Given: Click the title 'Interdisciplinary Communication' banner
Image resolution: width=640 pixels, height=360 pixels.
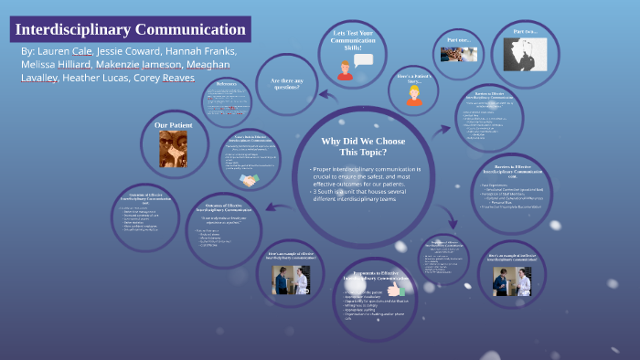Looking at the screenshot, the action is coord(130,29).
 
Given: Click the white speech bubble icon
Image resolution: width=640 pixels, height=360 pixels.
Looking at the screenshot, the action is coord(364,60).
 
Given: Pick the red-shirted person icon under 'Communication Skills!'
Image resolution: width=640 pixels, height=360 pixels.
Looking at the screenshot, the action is coord(345,69).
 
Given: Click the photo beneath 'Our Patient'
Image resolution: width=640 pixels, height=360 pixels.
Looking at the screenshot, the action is coord(173,149).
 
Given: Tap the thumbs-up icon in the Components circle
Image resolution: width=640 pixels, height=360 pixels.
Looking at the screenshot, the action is coord(394,289).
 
